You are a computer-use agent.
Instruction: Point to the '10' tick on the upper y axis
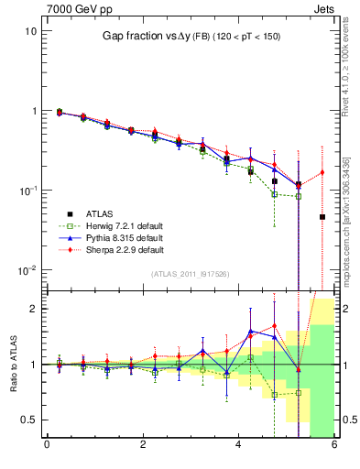click(x=30, y=31)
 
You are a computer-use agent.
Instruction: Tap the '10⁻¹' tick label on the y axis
click(x=27, y=191)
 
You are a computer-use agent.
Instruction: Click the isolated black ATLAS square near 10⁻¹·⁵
click(x=322, y=217)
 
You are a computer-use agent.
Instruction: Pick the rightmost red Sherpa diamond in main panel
click(x=322, y=172)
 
